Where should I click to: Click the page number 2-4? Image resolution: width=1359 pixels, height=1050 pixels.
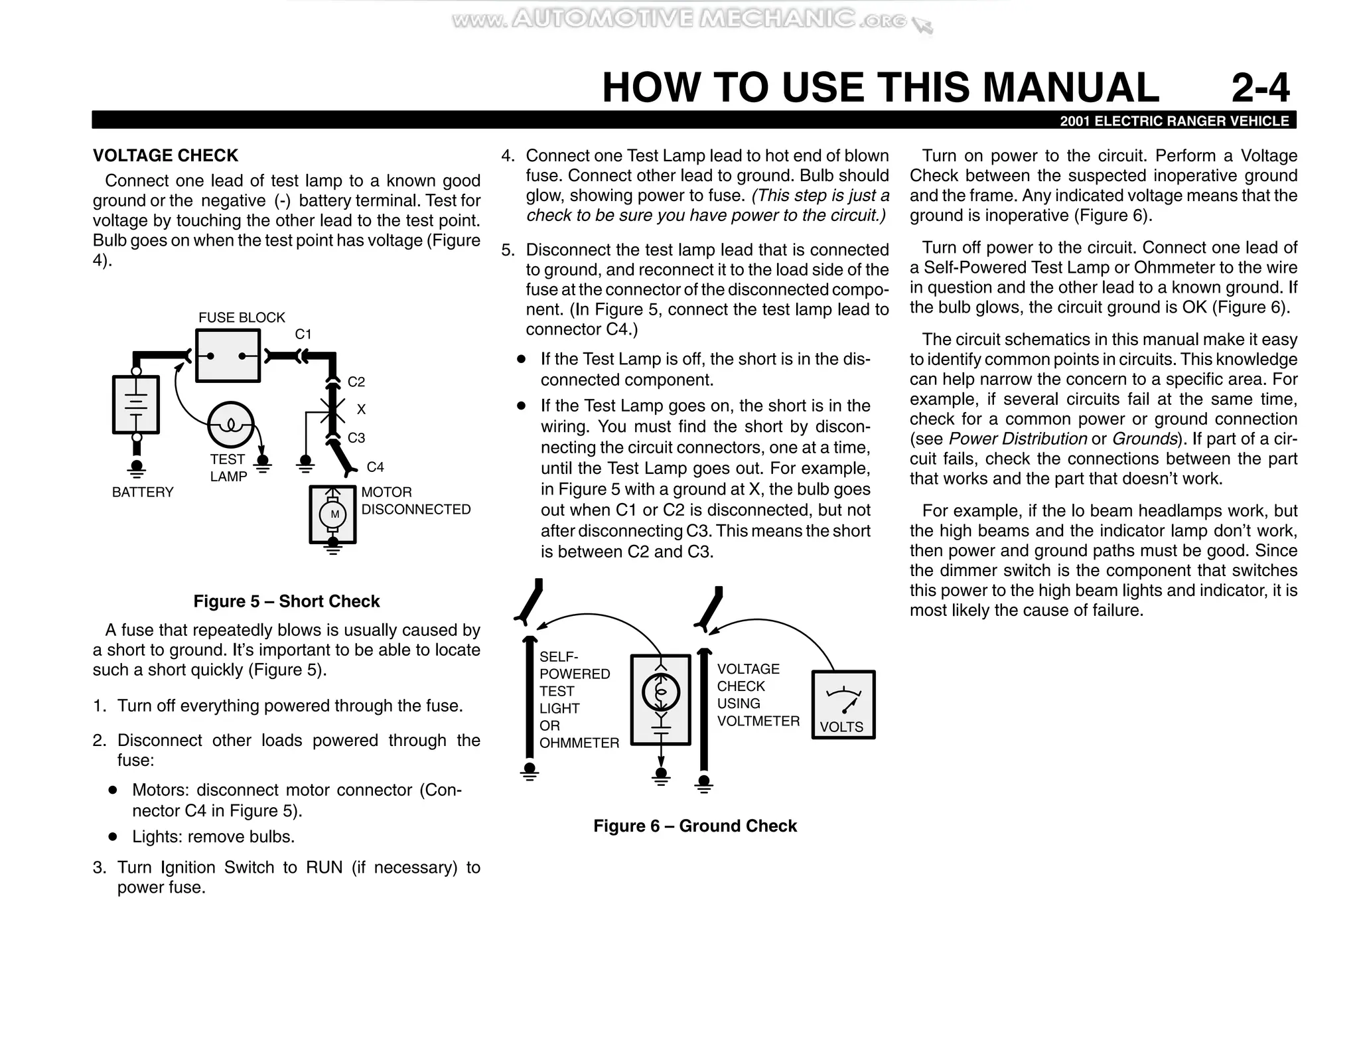pos(1260,88)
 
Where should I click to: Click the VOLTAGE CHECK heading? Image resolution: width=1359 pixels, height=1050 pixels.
pos(165,155)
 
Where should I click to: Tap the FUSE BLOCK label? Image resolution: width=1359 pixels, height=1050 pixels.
pos(242,317)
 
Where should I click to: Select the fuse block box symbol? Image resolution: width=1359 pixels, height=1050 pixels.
pos(228,356)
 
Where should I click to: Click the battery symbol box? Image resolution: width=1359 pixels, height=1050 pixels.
pos(136,404)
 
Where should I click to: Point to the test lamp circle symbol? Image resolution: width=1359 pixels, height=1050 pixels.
pos(230,425)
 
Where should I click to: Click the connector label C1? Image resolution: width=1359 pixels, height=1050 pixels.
pos(303,334)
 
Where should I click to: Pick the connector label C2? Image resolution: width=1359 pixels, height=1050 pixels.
pos(356,382)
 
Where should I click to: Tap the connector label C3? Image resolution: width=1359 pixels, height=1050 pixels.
pos(356,438)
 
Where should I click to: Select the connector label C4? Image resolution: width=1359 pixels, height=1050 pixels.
pos(375,467)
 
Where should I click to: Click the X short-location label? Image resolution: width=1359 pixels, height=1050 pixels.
pos(361,410)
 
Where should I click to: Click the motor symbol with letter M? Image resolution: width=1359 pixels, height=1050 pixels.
pos(334,514)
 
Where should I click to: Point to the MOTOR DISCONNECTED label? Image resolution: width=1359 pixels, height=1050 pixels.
pos(415,500)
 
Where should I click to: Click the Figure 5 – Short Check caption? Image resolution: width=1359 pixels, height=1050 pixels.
pos(286,601)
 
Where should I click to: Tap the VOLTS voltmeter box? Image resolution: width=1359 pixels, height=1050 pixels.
pos(843,705)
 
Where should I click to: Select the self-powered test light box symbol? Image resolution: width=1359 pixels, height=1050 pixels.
pos(660,700)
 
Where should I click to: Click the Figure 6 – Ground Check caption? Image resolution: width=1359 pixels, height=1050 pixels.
pos(695,826)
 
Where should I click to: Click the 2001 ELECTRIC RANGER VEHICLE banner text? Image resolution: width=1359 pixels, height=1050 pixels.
pos(1174,121)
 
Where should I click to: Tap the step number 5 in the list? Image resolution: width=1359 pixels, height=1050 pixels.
pos(507,250)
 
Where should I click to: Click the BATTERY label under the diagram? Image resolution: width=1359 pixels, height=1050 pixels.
pos(143,492)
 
